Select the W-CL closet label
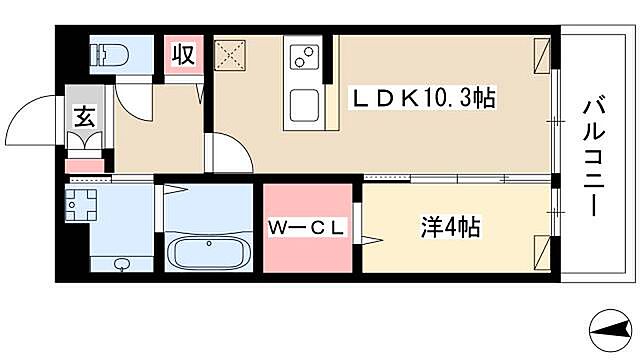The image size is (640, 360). tap(307, 229)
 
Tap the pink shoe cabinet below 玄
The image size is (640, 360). tap(84, 164)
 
